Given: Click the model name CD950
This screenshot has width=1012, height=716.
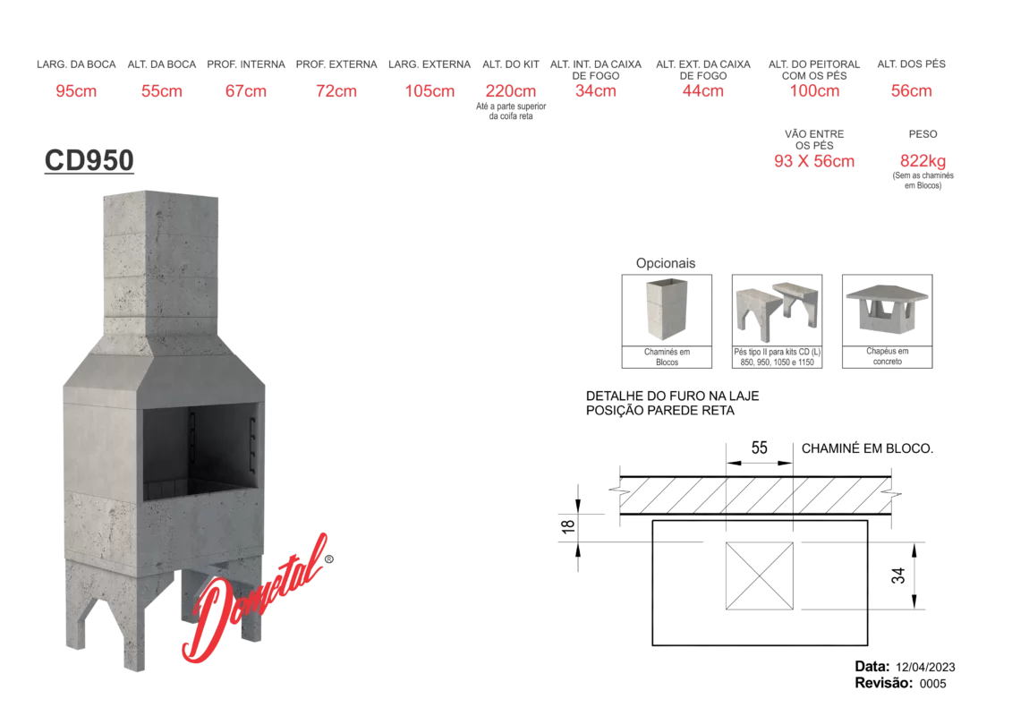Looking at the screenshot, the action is tap(89, 160).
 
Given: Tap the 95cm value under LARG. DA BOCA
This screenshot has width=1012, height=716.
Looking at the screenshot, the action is tap(76, 91).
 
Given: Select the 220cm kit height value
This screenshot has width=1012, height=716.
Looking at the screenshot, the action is tap(511, 91).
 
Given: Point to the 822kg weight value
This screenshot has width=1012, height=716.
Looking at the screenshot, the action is tap(923, 161).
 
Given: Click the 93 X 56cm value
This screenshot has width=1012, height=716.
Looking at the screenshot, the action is tap(814, 161).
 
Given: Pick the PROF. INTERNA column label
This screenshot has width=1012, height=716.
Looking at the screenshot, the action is tap(246, 64).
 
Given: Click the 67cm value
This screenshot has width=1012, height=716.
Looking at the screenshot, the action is tap(246, 91).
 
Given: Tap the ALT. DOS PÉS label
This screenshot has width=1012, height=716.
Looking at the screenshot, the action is tap(911, 64).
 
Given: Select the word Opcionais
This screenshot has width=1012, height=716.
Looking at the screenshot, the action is tap(666, 263).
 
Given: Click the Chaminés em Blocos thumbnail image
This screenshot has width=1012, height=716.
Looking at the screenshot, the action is tap(667, 310).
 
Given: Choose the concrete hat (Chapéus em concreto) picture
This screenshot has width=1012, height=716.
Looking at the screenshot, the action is tap(887, 309).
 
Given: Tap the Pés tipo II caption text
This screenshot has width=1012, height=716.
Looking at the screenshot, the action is tap(777, 357).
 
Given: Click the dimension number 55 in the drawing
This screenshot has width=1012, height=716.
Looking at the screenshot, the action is tap(759, 448).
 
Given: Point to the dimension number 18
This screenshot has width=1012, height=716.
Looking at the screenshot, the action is tap(568, 526).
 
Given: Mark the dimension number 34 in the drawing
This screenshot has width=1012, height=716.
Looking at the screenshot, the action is tap(898, 575).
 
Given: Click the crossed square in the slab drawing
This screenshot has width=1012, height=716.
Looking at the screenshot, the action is tap(759, 575).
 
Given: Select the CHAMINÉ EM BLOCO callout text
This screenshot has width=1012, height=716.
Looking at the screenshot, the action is tap(867, 448).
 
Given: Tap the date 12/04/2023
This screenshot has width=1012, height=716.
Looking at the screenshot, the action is tap(925, 668).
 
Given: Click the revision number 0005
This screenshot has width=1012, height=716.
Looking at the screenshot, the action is tap(932, 684).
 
